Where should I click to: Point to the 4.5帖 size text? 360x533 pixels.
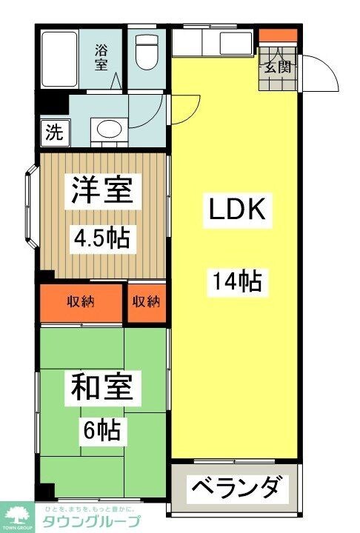click(x=101, y=238)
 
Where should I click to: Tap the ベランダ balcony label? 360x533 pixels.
click(x=236, y=489)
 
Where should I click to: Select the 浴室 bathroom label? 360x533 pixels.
click(x=101, y=57)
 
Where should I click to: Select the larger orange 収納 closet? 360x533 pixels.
click(x=81, y=301)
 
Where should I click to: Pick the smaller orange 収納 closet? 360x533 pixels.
click(x=147, y=301)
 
